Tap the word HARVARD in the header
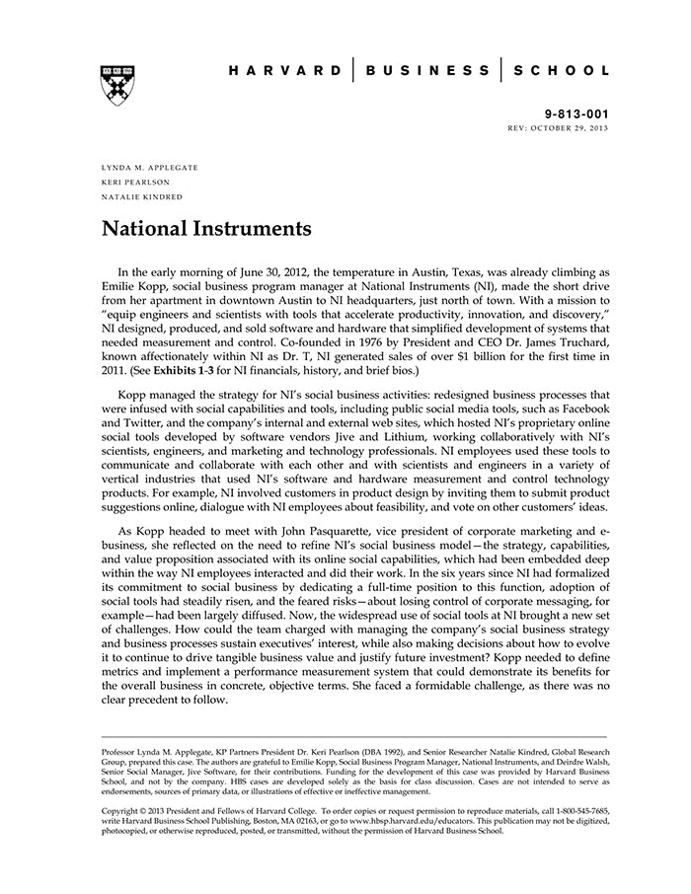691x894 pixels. click(285, 71)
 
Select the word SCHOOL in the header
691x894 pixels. click(564, 71)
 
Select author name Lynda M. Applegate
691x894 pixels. click(150, 168)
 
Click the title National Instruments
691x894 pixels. click(206, 230)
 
